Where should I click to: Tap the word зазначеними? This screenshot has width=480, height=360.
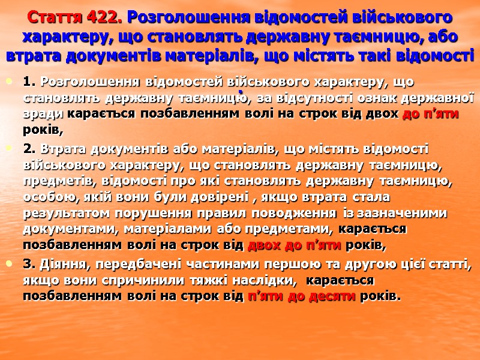click(416, 213)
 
